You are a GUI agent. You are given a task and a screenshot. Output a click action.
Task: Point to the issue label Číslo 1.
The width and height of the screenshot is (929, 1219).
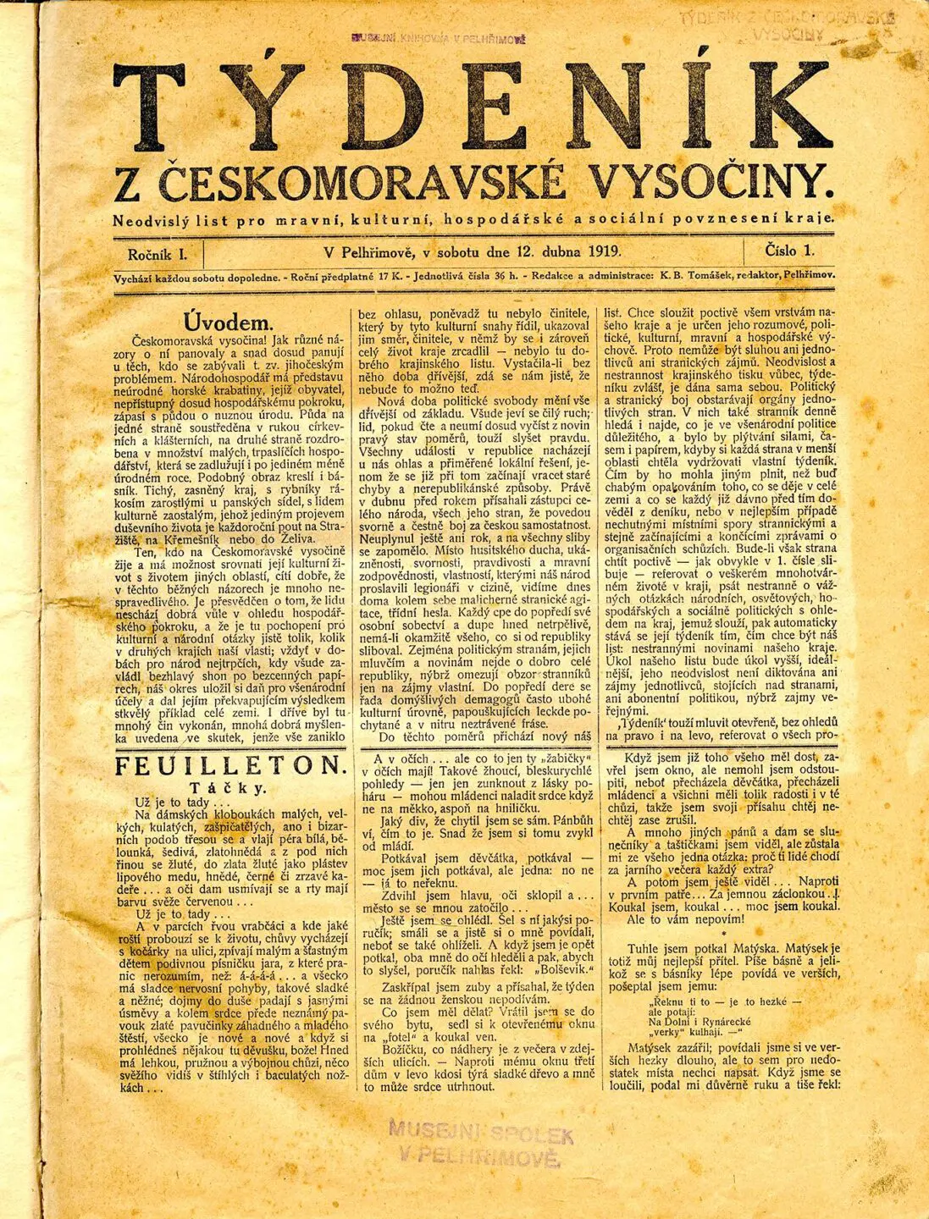tap(788, 251)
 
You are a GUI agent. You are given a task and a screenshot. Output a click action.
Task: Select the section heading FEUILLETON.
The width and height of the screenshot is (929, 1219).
tap(230, 767)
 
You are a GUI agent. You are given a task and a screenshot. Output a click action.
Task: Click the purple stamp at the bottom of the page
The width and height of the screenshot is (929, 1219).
tap(480, 1144)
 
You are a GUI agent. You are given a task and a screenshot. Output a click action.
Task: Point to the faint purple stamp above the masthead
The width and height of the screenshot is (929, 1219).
tap(438, 37)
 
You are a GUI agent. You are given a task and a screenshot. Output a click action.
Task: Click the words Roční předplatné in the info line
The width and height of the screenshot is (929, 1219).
tap(339, 276)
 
